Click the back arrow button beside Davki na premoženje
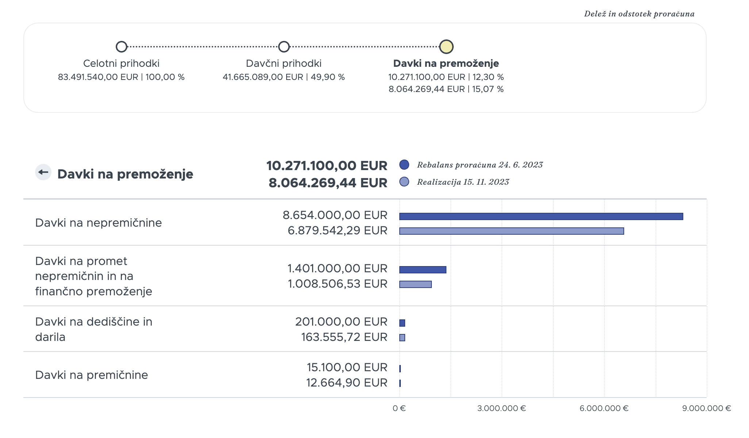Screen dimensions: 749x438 coord(43,172)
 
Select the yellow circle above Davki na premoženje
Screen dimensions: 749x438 coord(446,47)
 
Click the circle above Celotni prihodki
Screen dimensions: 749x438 coord(122,47)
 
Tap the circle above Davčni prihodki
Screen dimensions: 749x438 coord(284,47)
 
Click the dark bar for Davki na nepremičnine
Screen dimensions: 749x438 coord(541,216)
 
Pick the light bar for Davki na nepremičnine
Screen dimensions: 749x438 coord(512,231)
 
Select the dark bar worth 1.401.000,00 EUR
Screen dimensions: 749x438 coord(423,270)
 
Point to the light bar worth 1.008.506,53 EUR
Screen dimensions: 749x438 coord(415,284)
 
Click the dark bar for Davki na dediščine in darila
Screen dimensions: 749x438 coord(402,323)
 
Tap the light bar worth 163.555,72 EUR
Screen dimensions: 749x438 coord(402,338)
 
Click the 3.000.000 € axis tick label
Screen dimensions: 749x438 coord(502,408)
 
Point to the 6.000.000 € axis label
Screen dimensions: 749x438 coord(604,408)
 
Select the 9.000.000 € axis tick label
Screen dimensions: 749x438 coord(707,408)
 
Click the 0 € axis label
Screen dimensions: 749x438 coord(399,408)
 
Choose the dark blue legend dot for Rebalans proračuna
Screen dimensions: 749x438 coord(404,165)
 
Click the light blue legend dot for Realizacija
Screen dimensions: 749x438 coord(404,182)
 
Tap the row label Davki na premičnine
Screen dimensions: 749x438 coord(92,375)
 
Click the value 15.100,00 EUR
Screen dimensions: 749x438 coord(347,367)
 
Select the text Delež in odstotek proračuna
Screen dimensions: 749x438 coord(639,14)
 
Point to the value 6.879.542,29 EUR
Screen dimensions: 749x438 coord(338,230)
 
